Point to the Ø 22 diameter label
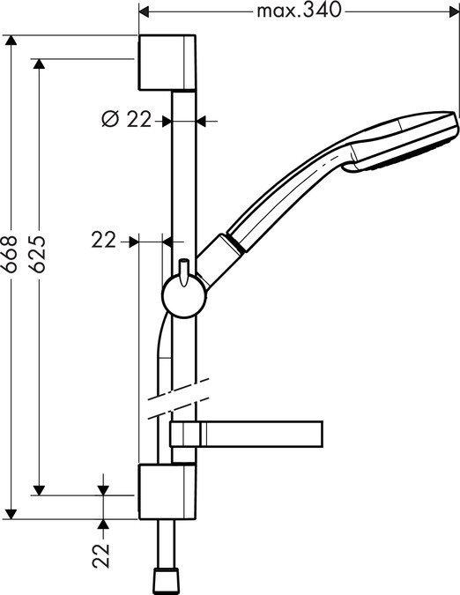pos(128,120)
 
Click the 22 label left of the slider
pos(104,240)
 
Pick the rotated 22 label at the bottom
pos(103,555)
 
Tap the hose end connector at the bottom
pos(167,579)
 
